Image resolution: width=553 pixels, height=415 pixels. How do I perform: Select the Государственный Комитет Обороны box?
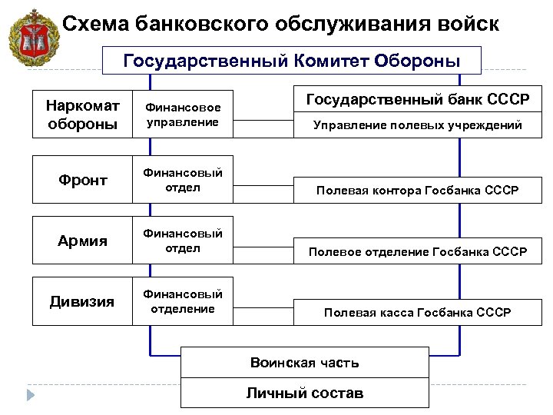[x=291, y=60]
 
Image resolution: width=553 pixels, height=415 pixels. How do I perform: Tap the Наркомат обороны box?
[x=82, y=114]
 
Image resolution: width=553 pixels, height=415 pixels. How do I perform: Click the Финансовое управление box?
[x=183, y=115]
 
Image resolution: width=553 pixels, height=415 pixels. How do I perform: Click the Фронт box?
[x=82, y=180]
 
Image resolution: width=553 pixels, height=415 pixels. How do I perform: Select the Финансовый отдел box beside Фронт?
[x=183, y=180]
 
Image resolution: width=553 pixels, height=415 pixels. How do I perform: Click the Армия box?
[x=82, y=241]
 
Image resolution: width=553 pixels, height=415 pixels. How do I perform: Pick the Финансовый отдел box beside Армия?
[x=183, y=241]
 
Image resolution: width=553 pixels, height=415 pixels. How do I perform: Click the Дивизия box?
[x=82, y=301]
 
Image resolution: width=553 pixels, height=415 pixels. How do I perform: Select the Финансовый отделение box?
[x=183, y=301]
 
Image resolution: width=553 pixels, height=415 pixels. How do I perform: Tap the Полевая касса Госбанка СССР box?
[x=417, y=312]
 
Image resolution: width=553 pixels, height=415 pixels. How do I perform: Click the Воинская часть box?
[x=304, y=362]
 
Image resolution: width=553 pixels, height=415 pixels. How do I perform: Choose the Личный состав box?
[x=304, y=393]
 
